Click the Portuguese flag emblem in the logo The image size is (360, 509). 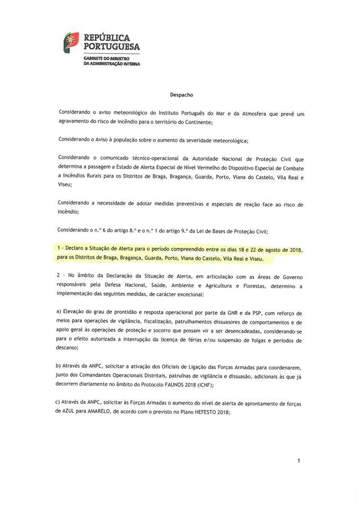[x=71, y=43]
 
